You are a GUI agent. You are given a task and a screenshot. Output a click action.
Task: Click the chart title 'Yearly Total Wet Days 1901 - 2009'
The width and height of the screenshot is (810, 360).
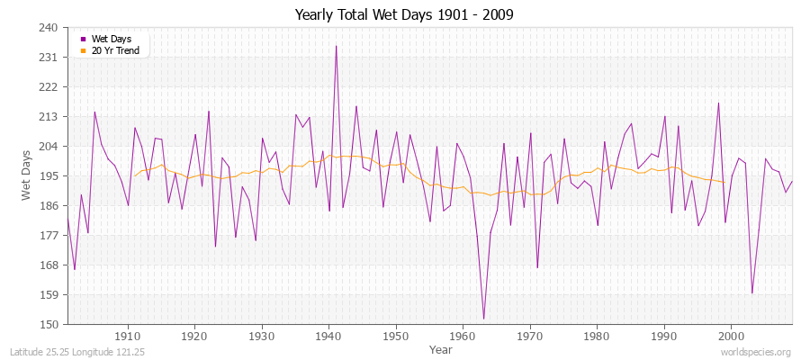click(x=404, y=15)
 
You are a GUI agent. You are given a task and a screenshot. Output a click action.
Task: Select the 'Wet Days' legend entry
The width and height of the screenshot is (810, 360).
click(x=110, y=39)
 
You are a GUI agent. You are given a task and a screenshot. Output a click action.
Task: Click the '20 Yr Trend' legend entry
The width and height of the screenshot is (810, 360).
click(x=114, y=50)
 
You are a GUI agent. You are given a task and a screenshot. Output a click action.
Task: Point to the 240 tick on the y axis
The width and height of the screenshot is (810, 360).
click(x=49, y=28)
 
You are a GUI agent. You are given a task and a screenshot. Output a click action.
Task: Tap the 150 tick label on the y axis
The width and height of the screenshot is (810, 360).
click(x=49, y=324)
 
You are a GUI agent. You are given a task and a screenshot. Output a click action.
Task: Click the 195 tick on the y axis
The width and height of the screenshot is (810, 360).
click(x=49, y=176)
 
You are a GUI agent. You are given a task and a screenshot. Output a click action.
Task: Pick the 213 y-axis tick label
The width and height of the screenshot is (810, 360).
click(x=49, y=117)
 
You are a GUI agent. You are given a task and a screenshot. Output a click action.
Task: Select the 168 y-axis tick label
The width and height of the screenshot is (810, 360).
click(x=49, y=265)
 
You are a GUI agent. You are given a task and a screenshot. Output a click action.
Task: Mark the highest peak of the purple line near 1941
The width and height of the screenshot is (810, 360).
click(x=336, y=46)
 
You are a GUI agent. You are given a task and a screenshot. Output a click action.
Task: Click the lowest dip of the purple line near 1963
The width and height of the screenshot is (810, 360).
click(x=483, y=319)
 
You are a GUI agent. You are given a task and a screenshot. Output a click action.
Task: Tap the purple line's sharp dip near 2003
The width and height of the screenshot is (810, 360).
click(x=751, y=292)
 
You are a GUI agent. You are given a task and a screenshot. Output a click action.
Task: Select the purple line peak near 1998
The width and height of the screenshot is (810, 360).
click(x=718, y=103)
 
